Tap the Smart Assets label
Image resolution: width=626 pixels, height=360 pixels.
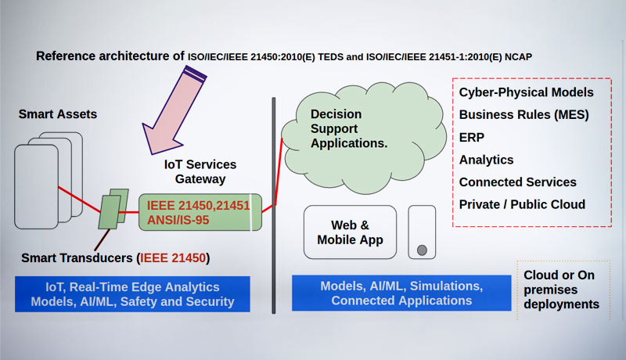click(x=58, y=114)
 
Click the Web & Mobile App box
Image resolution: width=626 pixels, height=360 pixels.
click(x=350, y=232)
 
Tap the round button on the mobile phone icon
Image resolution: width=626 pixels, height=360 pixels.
click(x=422, y=250)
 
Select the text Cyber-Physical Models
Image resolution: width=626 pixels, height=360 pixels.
click(x=526, y=92)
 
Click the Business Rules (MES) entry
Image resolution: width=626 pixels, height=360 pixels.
click(x=523, y=114)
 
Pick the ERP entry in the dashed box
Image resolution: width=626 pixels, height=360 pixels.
click(x=472, y=137)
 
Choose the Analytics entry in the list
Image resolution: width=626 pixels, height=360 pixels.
click(x=486, y=160)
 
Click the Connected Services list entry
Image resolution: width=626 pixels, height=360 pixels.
click(x=517, y=182)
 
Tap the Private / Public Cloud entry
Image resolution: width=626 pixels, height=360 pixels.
click(x=522, y=205)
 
